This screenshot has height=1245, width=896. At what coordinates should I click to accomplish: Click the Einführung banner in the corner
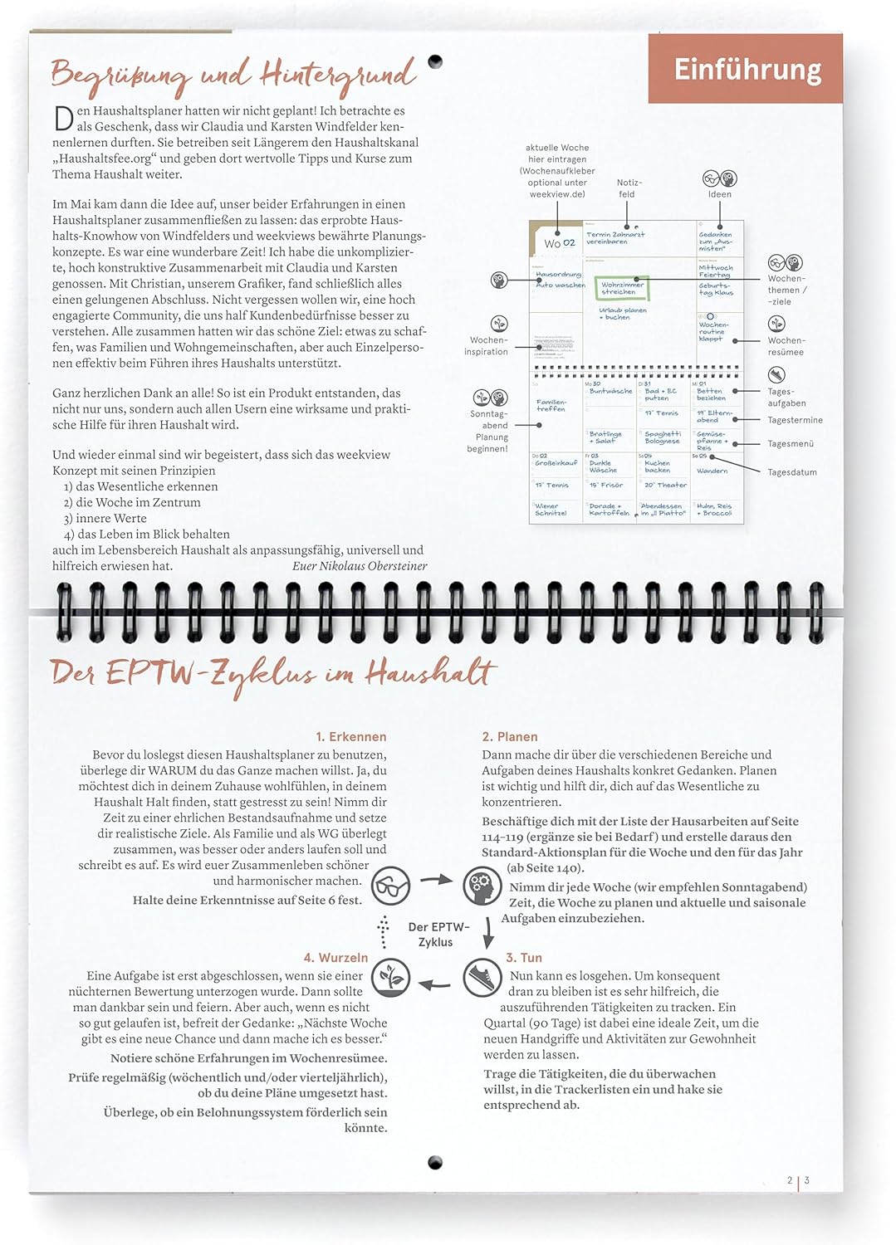(x=746, y=69)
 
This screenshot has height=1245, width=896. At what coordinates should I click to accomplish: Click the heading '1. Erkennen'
(x=350, y=737)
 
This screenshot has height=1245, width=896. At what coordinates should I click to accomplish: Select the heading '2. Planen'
(x=510, y=737)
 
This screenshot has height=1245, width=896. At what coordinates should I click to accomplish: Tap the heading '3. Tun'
(x=524, y=958)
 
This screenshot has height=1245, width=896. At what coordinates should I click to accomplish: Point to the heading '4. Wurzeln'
(x=335, y=958)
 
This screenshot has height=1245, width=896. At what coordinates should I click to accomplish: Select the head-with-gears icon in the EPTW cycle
(x=482, y=885)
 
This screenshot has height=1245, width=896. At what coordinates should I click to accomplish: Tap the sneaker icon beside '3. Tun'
(x=482, y=977)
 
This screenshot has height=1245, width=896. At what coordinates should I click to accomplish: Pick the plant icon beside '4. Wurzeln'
(x=390, y=977)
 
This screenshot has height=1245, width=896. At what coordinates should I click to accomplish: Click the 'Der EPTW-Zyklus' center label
(x=438, y=935)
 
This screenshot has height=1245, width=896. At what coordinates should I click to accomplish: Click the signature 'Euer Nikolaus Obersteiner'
(x=360, y=566)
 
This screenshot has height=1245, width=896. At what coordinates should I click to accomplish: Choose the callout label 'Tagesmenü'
(x=791, y=444)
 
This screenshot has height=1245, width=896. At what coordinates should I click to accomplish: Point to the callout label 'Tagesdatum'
(x=791, y=472)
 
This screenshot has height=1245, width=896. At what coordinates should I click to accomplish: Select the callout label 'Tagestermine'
(x=795, y=421)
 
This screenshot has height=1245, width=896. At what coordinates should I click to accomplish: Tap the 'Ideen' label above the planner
(x=720, y=194)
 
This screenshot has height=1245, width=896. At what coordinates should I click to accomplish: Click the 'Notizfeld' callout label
(x=628, y=188)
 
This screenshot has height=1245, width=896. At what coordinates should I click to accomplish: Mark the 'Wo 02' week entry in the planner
(x=559, y=243)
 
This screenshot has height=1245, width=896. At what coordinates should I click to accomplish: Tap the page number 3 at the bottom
(x=806, y=1180)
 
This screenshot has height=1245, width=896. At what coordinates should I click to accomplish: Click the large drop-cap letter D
(x=63, y=119)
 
